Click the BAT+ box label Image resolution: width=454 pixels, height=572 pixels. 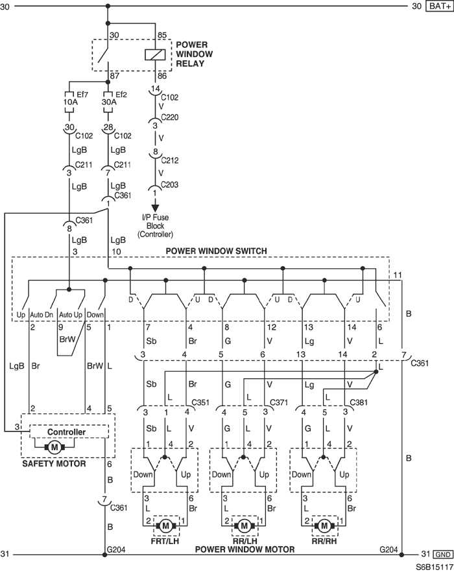click(x=439, y=6)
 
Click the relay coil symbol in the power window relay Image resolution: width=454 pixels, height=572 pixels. click(x=155, y=54)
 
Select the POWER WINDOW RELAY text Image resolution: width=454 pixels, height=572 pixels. click(x=194, y=54)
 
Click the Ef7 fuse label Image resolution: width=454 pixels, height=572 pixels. click(x=82, y=95)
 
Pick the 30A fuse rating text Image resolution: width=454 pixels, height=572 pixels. click(x=109, y=102)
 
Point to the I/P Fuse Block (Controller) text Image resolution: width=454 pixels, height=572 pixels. click(x=155, y=226)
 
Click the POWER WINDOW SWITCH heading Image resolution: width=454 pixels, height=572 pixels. click(x=216, y=251)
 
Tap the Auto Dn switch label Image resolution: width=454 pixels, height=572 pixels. click(x=42, y=314)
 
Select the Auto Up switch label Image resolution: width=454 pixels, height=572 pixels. click(x=71, y=314)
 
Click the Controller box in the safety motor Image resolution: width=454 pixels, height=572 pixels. click(x=69, y=431)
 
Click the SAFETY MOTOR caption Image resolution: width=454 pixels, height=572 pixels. click(x=54, y=464)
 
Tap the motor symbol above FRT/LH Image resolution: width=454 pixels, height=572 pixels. click(x=166, y=526)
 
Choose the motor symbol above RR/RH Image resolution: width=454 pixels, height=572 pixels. click(x=324, y=526)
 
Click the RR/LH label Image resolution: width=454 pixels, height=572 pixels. click(x=245, y=541)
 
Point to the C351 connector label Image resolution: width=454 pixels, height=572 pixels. click(x=200, y=402)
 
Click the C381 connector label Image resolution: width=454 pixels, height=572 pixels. click(x=359, y=402)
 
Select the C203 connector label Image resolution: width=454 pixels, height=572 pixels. click(x=169, y=185)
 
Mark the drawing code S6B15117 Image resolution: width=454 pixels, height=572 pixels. click(x=434, y=567)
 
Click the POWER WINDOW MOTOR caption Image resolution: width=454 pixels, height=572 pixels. click(x=245, y=549)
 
